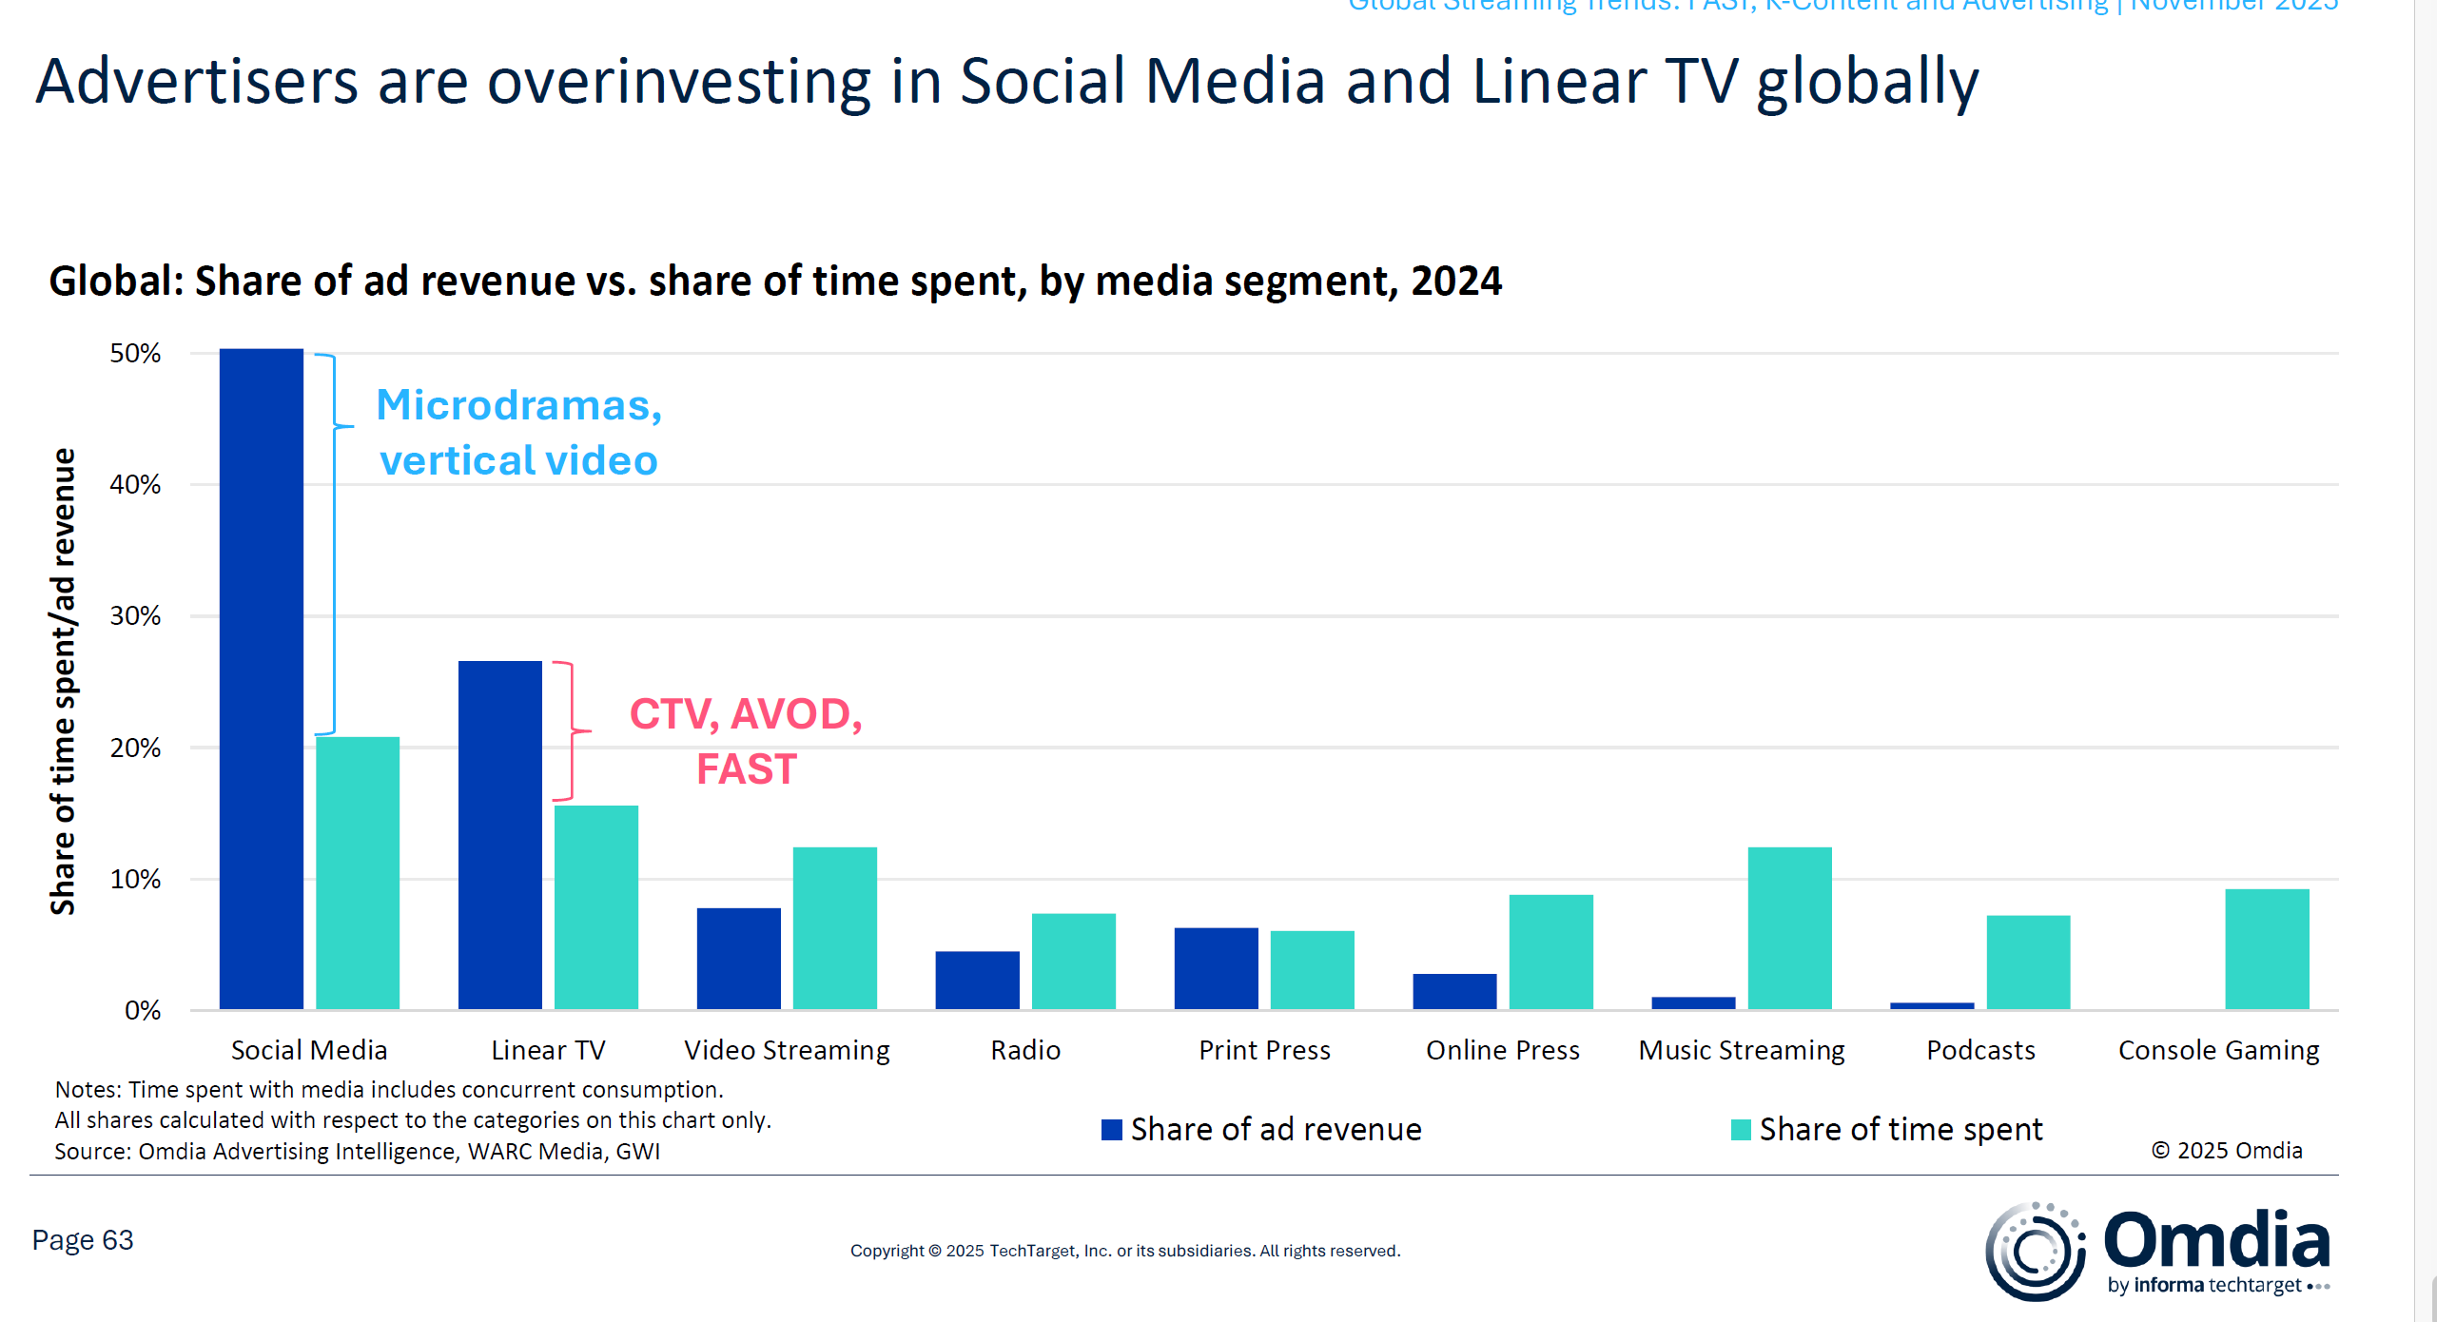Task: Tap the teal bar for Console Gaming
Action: [x=2267, y=948]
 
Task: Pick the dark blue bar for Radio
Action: [x=977, y=980]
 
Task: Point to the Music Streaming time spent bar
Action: [x=1789, y=927]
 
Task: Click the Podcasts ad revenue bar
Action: [x=1931, y=1005]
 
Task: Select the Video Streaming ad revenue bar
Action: [x=738, y=958]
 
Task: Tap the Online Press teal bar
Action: [x=1550, y=951]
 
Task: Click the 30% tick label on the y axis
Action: [x=135, y=616]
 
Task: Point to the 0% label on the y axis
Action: [x=143, y=1010]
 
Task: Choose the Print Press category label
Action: [x=1264, y=1050]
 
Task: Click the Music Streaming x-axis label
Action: [x=1741, y=1050]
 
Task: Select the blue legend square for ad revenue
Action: [x=1111, y=1130]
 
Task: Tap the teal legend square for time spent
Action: [x=1741, y=1130]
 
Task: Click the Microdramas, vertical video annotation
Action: [x=518, y=433]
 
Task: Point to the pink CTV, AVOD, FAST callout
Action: [x=746, y=741]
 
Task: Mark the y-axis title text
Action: [x=63, y=681]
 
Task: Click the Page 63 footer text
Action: [x=83, y=1240]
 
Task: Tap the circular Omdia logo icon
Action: [x=2035, y=1252]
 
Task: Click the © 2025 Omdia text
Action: [x=2226, y=1151]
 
